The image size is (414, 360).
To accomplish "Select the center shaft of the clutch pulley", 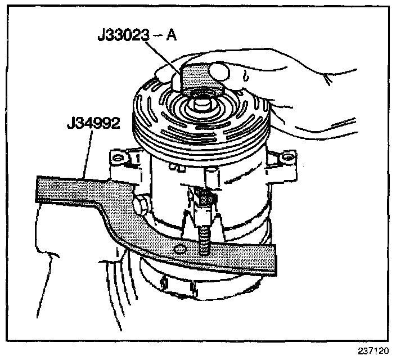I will [x=201, y=103].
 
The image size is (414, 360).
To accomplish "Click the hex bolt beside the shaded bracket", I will [x=141, y=205].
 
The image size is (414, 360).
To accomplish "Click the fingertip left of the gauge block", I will [x=164, y=72].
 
